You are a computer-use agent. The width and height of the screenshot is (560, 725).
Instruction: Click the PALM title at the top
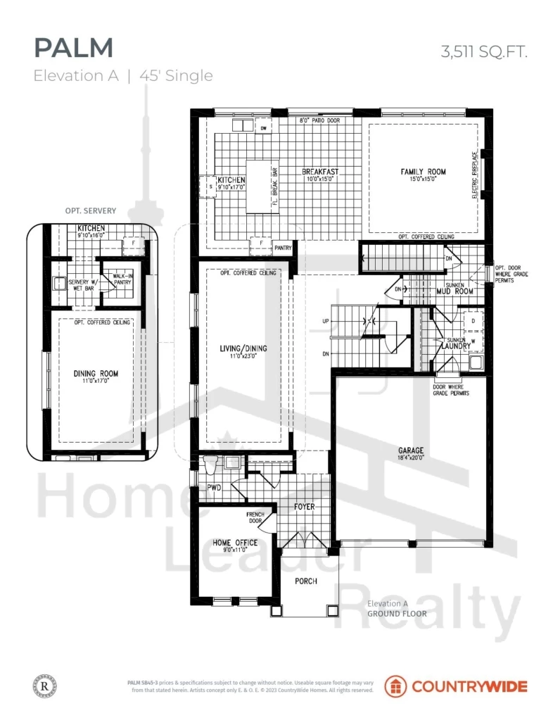coord(73,48)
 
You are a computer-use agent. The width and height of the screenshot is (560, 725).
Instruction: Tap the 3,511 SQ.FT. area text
coord(483,51)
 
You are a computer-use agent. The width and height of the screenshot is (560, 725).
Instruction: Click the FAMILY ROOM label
coord(423,172)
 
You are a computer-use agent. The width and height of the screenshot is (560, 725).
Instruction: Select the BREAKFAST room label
coord(320,172)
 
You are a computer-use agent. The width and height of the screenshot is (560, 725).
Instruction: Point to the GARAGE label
coord(409,450)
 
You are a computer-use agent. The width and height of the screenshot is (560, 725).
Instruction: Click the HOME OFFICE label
coord(235,543)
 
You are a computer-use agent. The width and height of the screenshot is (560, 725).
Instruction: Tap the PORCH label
coord(306,581)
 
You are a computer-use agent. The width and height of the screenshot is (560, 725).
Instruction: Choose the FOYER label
coord(304,507)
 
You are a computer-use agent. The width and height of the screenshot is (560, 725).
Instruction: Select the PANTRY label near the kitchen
coord(283,248)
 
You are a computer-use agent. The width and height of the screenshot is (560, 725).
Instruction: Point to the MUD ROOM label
coord(454,291)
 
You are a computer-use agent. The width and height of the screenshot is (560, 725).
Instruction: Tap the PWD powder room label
coord(205,486)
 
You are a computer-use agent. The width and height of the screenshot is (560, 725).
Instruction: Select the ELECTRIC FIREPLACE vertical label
coord(475,173)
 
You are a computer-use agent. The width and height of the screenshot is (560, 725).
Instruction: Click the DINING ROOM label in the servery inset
coord(96,373)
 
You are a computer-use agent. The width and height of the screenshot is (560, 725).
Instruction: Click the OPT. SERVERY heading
coord(89,211)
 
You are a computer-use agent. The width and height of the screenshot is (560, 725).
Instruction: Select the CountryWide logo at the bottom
coord(455,686)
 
